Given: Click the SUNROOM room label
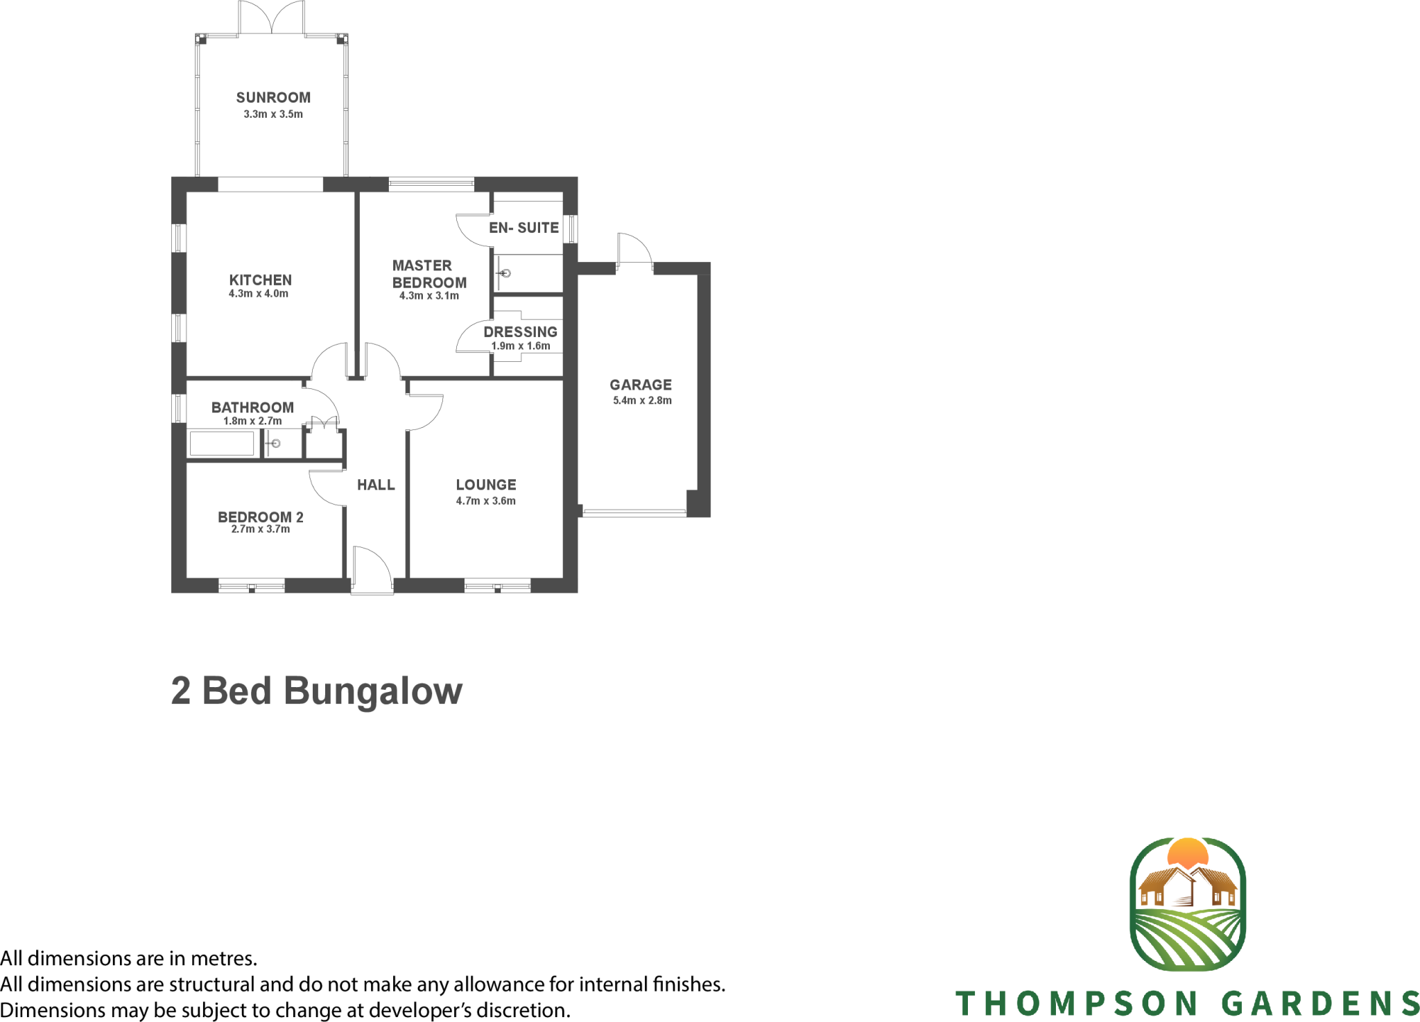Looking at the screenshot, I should click(x=273, y=98).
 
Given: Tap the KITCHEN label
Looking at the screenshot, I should click(x=260, y=280).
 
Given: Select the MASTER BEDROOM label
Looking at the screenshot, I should click(x=428, y=274).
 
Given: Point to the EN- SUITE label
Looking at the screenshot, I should click(x=523, y=227).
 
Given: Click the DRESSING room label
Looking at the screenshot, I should click(x=520, y=332).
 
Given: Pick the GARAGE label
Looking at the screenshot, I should click(x=641, y=385).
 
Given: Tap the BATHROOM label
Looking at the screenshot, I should click(x=252, y=408).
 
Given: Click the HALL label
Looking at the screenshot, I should click(x=376, y=485).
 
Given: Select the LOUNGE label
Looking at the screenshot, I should click(x=486, y=485).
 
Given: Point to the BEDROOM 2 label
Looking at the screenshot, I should click(x=261, y=517).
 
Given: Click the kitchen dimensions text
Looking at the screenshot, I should click(x=259, y=294).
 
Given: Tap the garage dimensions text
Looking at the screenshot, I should click(x=642, y=401).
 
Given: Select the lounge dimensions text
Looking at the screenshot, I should click(x=486, y=501).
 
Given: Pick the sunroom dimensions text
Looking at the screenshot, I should click(x=273, y=114).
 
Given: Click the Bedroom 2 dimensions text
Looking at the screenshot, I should click(x=261, y=530).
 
